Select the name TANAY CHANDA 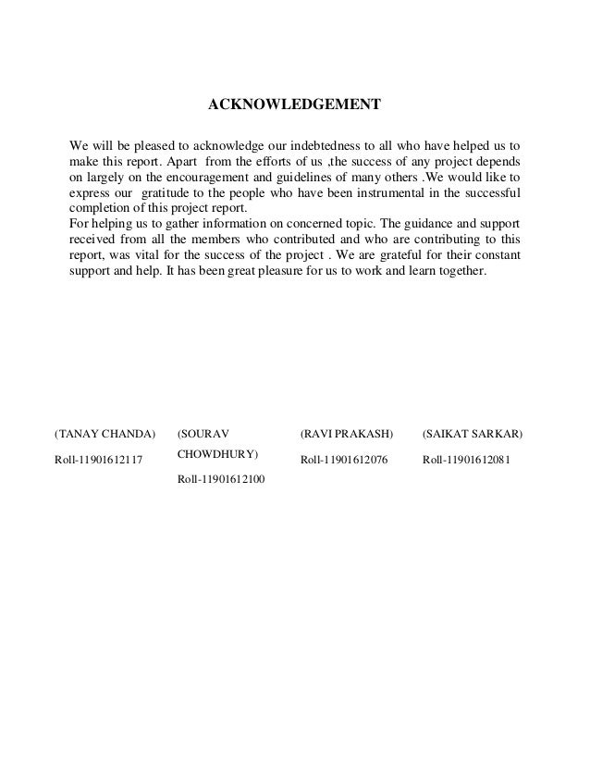coord(104,433)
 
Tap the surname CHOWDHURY coord(218,455)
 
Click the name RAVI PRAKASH coord(348,433)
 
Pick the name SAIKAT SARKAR coord(472,433)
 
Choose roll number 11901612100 coord(218,479)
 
